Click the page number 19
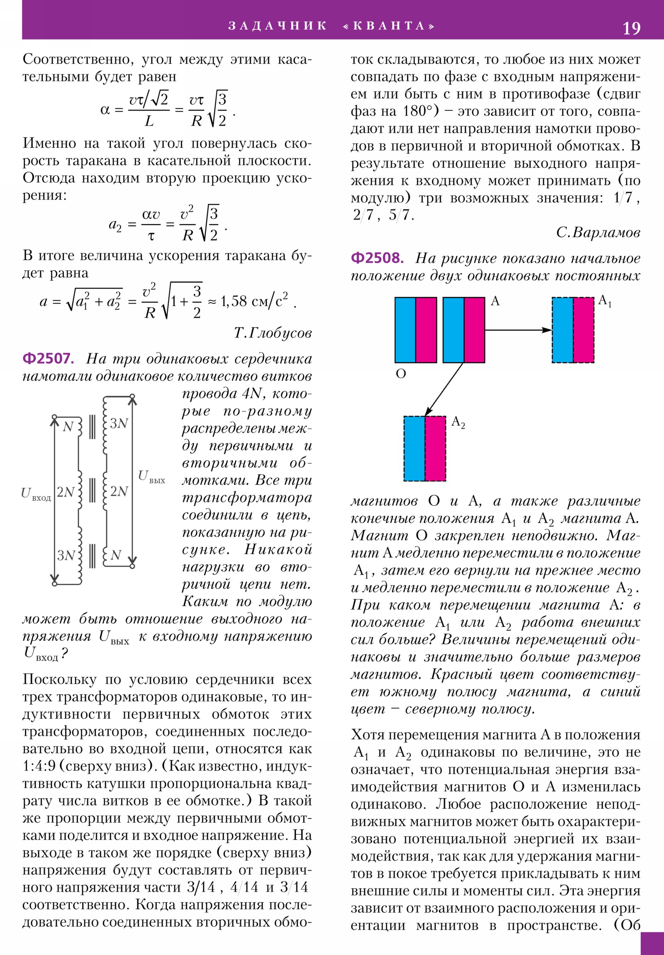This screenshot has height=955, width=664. click(x=631, y=28)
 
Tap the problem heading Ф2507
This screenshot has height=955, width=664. click(x=48, y=359)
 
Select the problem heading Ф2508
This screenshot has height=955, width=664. click(x=377, y=258)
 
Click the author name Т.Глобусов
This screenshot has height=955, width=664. click(x=272, y=333)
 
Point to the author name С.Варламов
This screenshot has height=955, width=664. click(x=598, y=232)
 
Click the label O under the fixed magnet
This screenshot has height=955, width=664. click(x=400, y=374)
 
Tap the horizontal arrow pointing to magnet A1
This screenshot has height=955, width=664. click(x=518, y=330)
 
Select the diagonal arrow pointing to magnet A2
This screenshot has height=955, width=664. click(x=444, y=390)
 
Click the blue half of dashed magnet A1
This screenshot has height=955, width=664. click(x=562, y=330)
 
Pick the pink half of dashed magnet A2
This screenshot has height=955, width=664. click(x=435, y=448)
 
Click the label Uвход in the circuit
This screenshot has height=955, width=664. click(x=36, y=494)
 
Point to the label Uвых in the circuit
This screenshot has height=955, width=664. click(x=151, y=477)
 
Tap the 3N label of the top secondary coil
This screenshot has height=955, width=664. click(x=119, y=424)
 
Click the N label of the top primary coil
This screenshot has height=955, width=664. click(x=68, y=427)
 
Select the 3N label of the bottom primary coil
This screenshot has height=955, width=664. click(x=66, y=555)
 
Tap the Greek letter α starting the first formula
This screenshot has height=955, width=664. click(x=105, y=110)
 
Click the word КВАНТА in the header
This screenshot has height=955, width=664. click(x=389, y=26)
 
